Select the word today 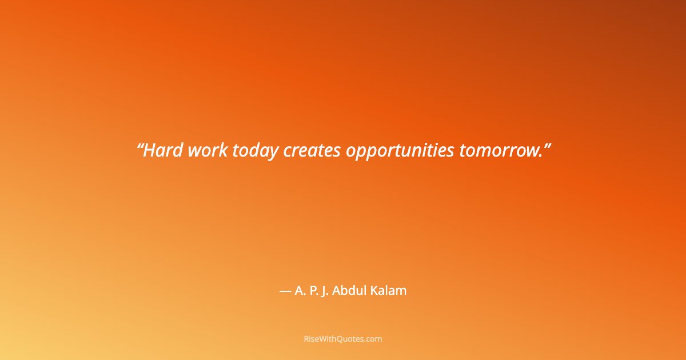[x=255, y=150]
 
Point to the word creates [x=312, y=150]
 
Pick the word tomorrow [x=498, y=150]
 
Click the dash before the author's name [x=285, y=291]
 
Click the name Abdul [x=353, y=290]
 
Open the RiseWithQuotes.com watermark [x=343, y=339]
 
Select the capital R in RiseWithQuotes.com [x=306, y=339]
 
